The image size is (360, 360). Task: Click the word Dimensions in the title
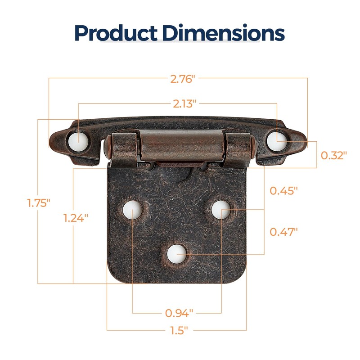tap(224, 33)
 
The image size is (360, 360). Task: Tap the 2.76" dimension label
tap(182, 79)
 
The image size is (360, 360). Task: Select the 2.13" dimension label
tap(184, 104)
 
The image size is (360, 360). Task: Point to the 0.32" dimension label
tap(334, 156)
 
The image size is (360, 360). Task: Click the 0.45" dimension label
tap(283, 191)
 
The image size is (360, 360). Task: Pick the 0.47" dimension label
tap(283, 232)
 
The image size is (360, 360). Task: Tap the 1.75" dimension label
tap(37, 202)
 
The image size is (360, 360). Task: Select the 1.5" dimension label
tap(179, 331)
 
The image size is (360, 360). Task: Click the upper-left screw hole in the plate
tap(132, 210)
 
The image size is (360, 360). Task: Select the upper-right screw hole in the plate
tap(220, 209)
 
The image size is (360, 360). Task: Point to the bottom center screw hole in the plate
tap(176, 254)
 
